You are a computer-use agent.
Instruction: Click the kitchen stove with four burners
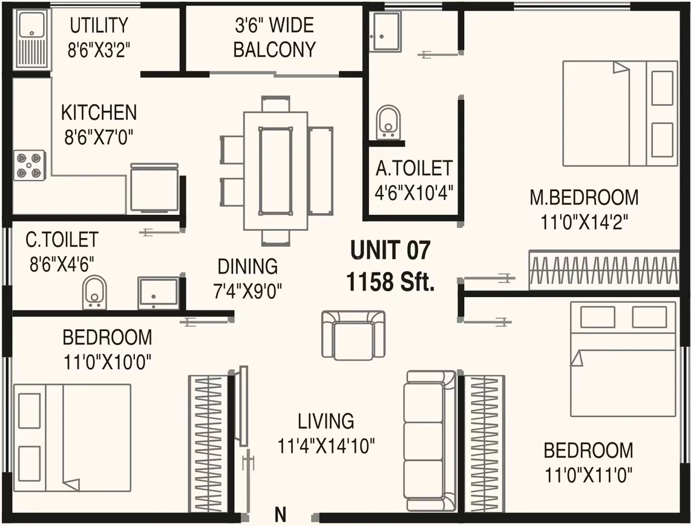point(30,165)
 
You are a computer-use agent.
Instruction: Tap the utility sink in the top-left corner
point(31,40)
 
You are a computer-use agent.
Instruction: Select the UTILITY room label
point(99,25)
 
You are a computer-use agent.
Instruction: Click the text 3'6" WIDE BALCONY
point(274,37)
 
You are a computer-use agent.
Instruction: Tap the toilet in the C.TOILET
point(94,292)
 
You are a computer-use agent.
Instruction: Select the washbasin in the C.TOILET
point(158,293)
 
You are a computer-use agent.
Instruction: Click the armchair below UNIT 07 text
point(353,335)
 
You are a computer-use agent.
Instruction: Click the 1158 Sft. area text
point(390,281)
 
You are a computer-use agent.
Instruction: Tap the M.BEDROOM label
point(584,197)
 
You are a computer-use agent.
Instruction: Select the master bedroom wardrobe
point(604,271)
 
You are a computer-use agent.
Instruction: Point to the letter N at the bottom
point(280,514)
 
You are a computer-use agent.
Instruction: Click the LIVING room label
point(326,421)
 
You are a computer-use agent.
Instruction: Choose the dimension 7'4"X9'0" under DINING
point(247,291)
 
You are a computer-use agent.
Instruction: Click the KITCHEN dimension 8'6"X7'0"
point(99,137)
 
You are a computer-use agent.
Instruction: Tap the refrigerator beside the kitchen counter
point(154,188)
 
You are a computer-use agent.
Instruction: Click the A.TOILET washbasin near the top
point(387,31)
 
